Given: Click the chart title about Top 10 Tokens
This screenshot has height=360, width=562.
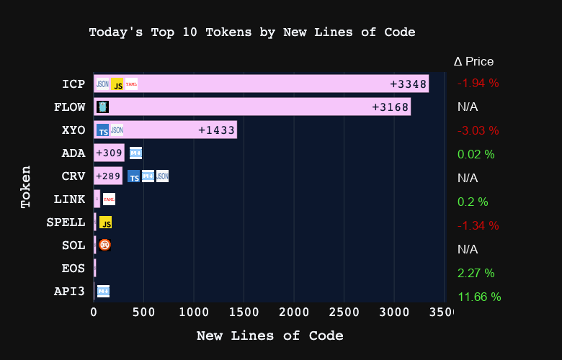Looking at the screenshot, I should (252, 32).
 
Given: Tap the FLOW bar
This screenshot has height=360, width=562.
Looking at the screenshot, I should (252, 107).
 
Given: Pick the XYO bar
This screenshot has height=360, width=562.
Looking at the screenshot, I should (165, 130).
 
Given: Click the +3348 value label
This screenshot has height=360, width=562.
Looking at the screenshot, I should (409, 84).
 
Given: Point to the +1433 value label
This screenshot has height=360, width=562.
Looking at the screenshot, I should (217, 130).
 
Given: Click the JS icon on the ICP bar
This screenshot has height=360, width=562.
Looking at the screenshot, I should (117, 84).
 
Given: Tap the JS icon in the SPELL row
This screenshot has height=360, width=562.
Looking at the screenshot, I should (105, 223).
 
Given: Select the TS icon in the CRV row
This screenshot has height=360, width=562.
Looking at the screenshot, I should (133, 177).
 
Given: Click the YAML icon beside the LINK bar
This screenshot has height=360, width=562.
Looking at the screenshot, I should (109, 199).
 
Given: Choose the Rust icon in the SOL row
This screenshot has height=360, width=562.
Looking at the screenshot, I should (104, 245).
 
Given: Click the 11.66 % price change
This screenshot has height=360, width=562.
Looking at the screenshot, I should (478, 297).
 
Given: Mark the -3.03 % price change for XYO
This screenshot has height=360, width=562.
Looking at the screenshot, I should (478, 130).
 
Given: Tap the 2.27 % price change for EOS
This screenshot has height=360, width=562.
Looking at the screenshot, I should (476, 273).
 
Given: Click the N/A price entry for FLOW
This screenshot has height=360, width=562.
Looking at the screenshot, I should (468, 107).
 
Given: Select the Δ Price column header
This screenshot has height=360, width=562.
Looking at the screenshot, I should (473, 62).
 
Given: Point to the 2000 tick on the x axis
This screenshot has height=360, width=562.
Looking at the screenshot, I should (294, 312).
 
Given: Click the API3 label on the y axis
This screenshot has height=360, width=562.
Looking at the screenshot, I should (69, 292).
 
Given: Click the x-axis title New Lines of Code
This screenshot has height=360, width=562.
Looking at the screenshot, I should (269, 336).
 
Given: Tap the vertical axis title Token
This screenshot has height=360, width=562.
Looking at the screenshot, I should (26, 187).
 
